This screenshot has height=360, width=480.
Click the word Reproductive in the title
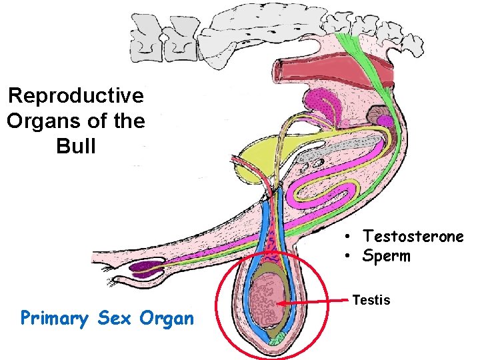coord(76,96)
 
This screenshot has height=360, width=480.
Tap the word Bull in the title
coord(77,146)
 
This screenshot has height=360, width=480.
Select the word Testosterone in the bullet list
coord(413,236)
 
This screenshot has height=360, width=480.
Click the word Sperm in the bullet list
coord(387,256)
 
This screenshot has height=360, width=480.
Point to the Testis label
coord(371,300)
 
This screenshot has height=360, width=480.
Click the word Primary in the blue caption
coord(55,318)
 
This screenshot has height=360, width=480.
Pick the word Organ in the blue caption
coord(166,319)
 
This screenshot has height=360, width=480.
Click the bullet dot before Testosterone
coord(348,237)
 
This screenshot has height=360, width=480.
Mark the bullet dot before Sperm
coord(348,257)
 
